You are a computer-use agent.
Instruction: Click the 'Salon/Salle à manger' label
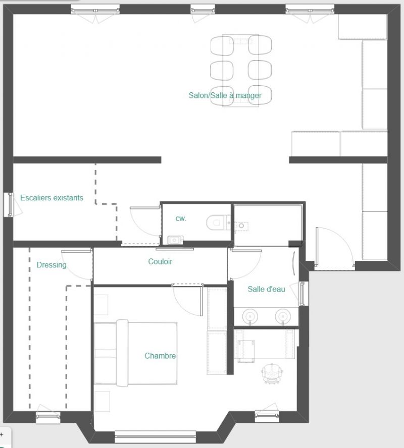[x=225, y=95]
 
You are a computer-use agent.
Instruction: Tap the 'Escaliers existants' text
[x=52, y=198]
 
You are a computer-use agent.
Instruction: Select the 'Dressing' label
[x=52, y=265]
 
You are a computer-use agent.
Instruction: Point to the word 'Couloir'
[x=160, y=261]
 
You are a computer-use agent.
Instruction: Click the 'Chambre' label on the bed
[x=160, y=356]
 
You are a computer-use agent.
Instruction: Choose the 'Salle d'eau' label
[x=267, y=289]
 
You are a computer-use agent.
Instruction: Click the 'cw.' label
[x=181, y=218]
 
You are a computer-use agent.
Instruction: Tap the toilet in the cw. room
[x=219, y=222]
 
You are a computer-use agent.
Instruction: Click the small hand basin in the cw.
[x=175, y=240]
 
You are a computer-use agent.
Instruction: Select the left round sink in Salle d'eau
[x=250, y=316]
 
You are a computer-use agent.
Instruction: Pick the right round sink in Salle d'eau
[x=283, y=316]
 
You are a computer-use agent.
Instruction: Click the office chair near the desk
[x=272, y=373]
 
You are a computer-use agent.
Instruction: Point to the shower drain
[x=241, y=226]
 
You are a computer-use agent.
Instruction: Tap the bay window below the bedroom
[x=155, y=436]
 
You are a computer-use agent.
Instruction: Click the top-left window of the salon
[x=95, y=10]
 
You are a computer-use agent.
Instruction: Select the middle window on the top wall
[x=203, y=10]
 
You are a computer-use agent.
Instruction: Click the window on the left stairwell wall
[x=10, y=204]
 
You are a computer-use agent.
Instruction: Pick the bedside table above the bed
[x=101, y=305]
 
